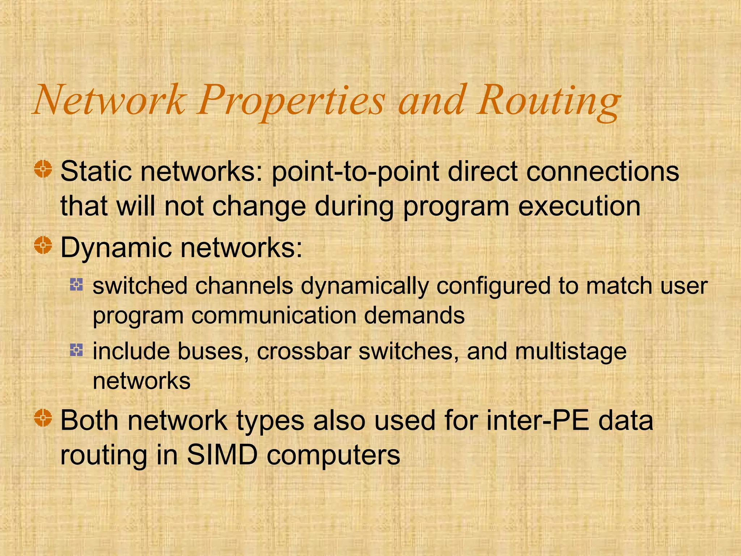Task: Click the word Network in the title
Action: tap(109, 100)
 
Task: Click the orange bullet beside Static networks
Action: tap(43, 169)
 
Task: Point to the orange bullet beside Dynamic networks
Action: tap(43, 245)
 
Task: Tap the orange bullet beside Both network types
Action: tap(43, 418)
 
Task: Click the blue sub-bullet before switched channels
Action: tap(76, 285)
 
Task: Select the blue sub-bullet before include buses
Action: tap(76, 350)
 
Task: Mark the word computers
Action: tap(333, 455)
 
